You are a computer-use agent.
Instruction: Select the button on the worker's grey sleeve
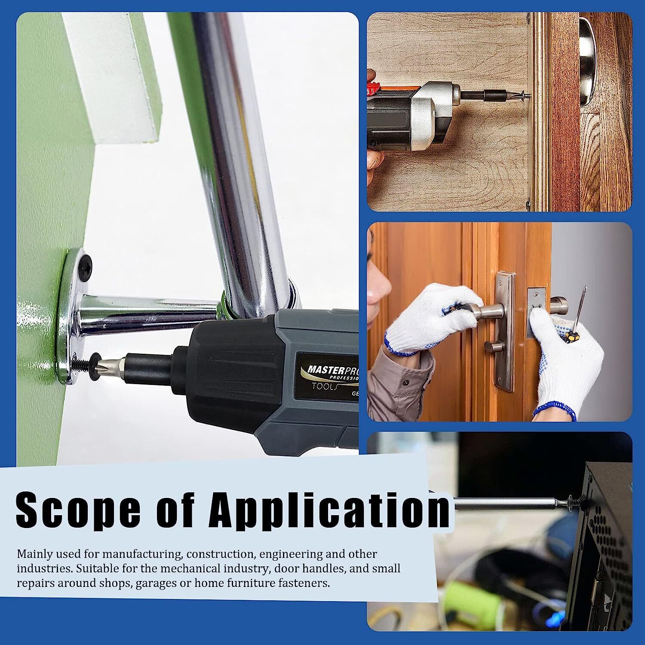click(405, 382)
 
